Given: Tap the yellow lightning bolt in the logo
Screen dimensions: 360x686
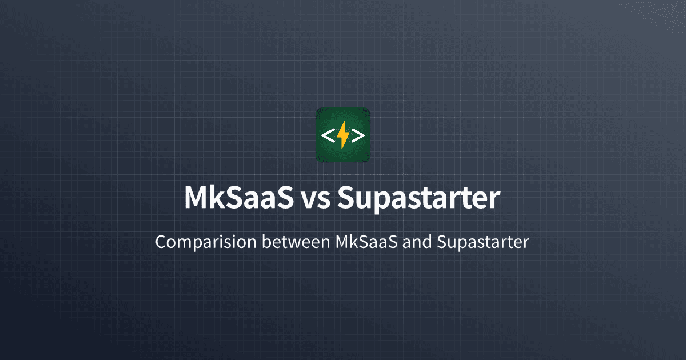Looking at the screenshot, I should [343, 135].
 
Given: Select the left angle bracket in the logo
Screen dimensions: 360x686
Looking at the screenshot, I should [328, 135].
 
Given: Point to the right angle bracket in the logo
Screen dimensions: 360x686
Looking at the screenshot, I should [358, 135].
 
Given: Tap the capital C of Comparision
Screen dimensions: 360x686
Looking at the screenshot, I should [161, 242].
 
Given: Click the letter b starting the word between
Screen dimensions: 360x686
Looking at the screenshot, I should [266, 242].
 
